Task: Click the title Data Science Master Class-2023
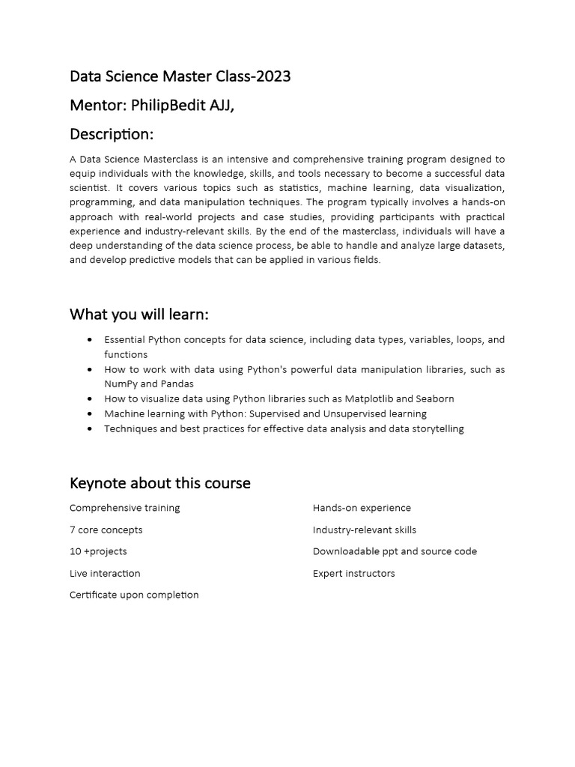(180, 76)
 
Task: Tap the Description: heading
(112, 134)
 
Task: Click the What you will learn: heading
(139, 314)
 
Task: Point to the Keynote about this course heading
(160, 483)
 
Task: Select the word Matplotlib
(369, 398)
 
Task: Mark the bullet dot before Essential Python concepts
(90, 340)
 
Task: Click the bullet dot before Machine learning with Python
(90, 413)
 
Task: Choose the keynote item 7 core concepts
(106, 530)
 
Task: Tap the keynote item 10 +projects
(98, 551)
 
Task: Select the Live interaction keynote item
(105, 573)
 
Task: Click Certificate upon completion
(134, 595)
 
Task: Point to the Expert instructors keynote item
(353, 573)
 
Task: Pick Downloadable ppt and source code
(395, 551)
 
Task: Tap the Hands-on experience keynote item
(362, 508)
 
